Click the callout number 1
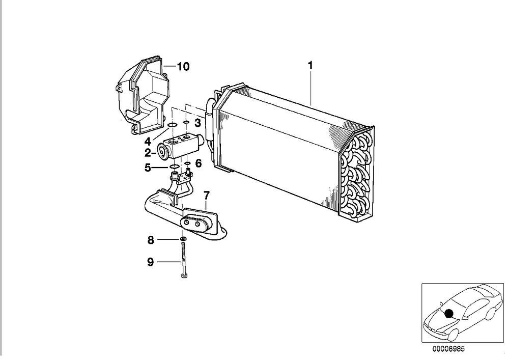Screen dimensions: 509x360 310,66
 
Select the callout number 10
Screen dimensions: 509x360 183,67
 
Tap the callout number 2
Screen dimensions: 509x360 148,153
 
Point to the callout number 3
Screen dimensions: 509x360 197,123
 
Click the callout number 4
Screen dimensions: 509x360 148,142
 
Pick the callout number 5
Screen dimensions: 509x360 148,168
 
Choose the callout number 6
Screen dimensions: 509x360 199,163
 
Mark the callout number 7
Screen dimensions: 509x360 207,196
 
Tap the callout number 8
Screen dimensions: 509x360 151,240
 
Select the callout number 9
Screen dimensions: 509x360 150,262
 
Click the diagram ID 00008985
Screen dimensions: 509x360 448,349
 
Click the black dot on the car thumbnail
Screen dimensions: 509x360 448,313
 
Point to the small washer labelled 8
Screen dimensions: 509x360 183,239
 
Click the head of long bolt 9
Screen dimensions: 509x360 183,275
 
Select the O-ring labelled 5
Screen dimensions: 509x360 174,167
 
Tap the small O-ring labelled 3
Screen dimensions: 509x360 186,122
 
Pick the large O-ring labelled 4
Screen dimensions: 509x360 173,125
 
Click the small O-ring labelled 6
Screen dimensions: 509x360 187,162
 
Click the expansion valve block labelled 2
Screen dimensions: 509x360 180,147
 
